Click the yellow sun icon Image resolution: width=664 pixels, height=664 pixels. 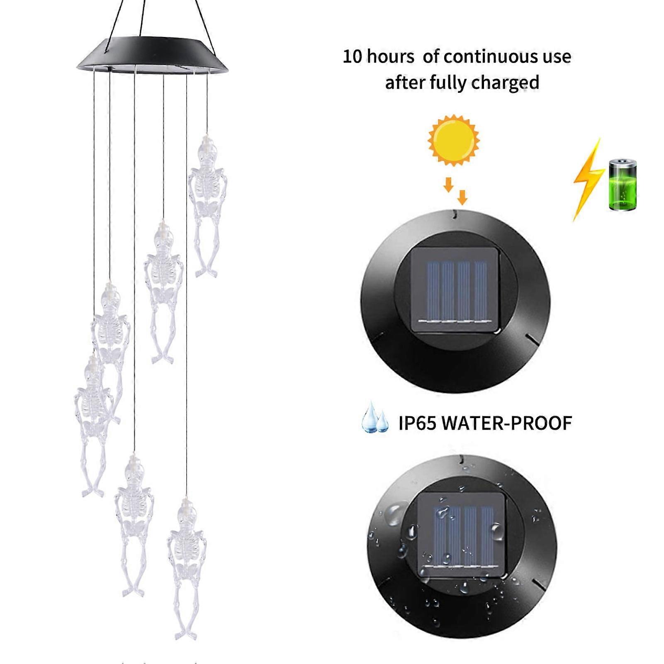(x=454, y=140)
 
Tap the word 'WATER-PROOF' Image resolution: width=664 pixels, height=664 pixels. (x=506, y=423)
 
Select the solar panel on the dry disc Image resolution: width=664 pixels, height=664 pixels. (x=455, y=290)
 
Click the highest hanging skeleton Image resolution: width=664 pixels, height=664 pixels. (x=207, y=203)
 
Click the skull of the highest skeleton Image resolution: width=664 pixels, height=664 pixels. (x=207, y=149)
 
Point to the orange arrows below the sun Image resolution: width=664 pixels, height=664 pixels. (x=455, y=190)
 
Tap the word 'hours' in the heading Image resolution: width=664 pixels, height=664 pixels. (x=390, y=57)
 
